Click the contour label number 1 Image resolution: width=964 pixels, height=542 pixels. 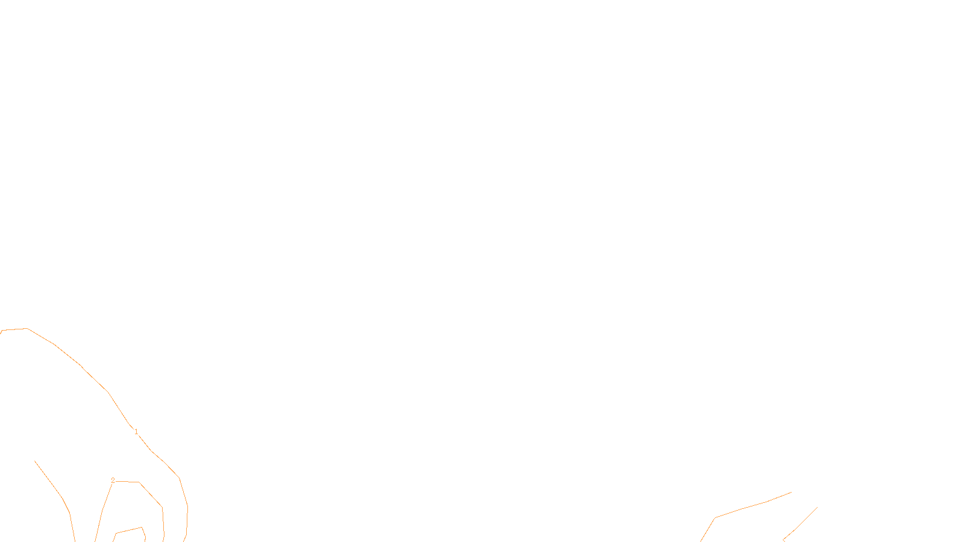pos(136,432)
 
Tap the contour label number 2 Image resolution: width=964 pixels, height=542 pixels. pos(113,481)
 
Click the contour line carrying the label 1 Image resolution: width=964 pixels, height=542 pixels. pos(81,366)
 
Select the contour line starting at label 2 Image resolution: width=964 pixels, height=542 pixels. pos(151,494)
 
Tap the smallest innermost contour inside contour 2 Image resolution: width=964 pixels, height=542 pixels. pos(128,531)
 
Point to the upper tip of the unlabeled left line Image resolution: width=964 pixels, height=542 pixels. pos(35,461)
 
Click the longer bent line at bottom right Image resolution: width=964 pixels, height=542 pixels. pos(741,509)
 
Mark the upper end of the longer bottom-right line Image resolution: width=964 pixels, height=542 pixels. pos(791,493)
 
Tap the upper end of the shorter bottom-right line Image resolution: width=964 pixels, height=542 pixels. pos(817,508)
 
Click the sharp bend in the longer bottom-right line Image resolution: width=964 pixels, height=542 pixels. pos(715,518)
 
